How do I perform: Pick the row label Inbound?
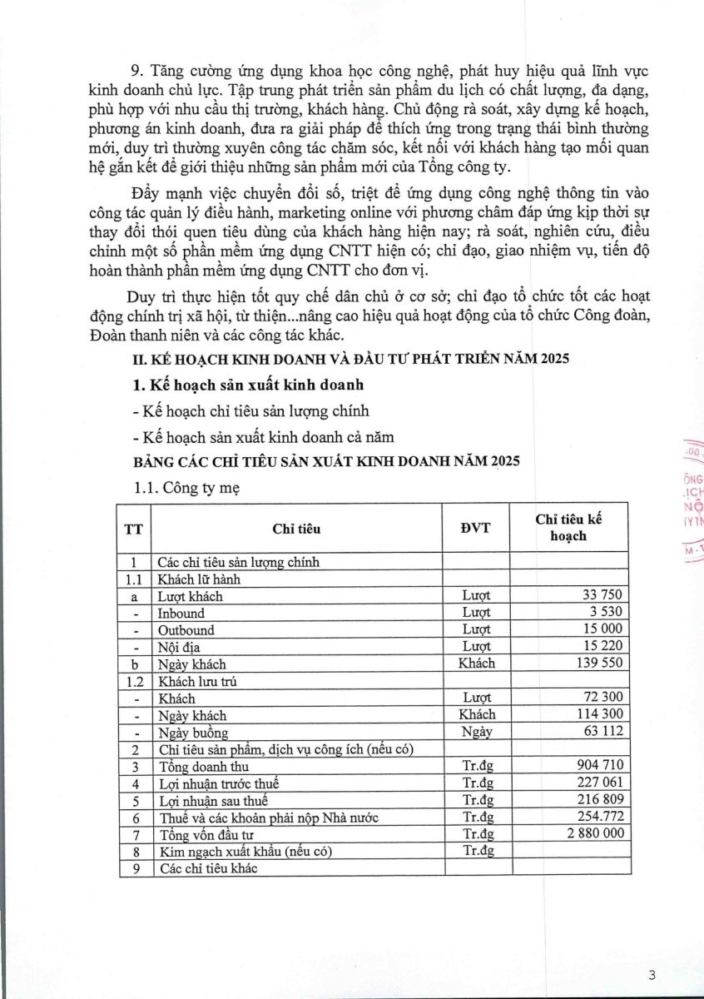coord(181,613)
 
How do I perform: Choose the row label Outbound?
coord(186,629)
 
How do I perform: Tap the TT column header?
coord(132,528)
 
